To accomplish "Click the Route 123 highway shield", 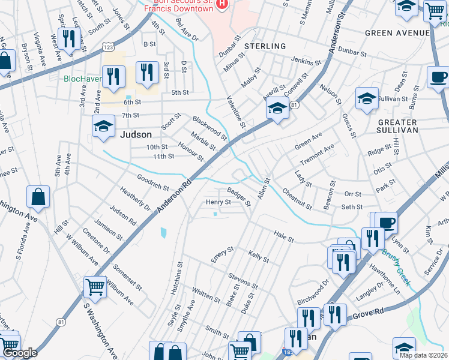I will pos(108,46).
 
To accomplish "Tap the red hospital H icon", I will pos(223,4).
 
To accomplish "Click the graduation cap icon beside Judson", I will pos(103,127).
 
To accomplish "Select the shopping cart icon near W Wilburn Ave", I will pos(95,287).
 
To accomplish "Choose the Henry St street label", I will pos(218,203).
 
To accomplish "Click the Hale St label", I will pos(283,239).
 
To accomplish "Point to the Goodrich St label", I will pos(152,182).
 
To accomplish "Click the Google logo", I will pos(20,353).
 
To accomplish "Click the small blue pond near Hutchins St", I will pos(163,232).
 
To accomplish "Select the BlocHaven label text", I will pos(83,79).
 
